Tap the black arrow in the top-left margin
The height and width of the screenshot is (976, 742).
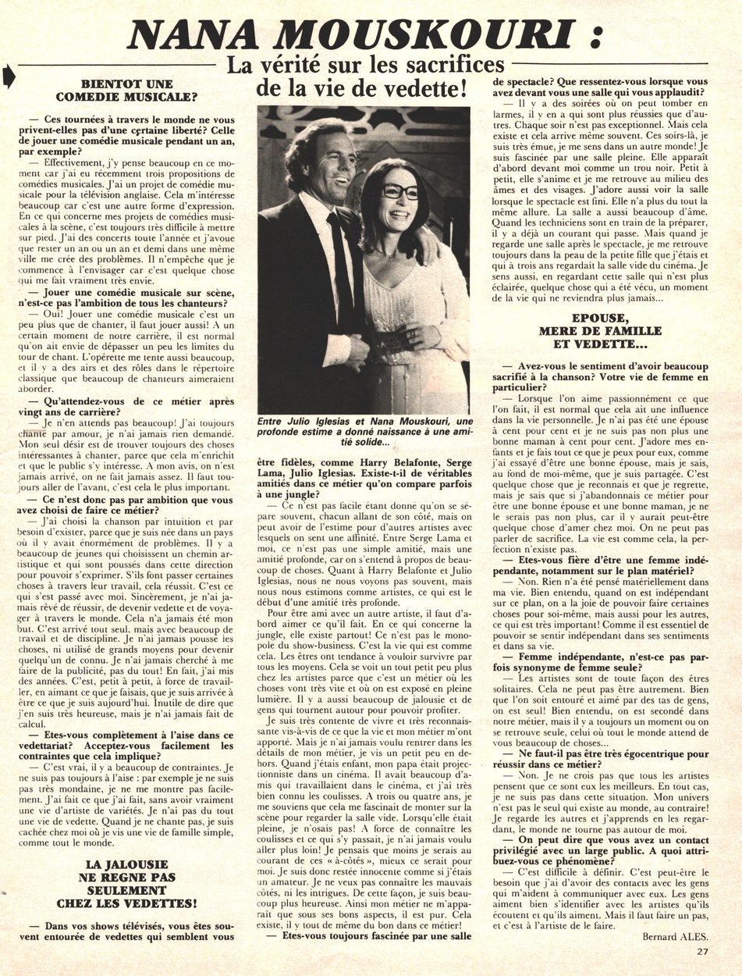9,76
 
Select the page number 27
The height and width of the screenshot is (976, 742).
702,950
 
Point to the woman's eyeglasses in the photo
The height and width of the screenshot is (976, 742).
400,191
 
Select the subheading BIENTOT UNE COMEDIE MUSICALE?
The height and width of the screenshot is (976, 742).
137,91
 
